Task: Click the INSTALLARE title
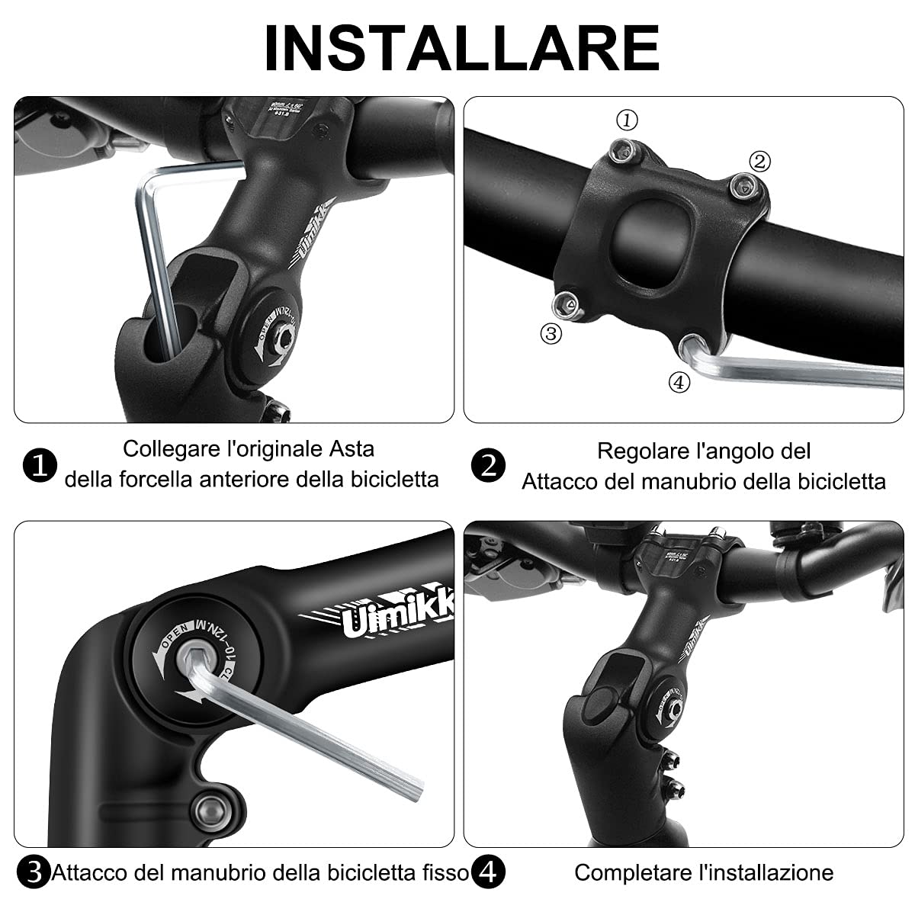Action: coord(461,47)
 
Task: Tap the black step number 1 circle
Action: coord(40,465)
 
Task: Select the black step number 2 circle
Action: coord(488,465)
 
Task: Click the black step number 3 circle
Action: coord(33,872)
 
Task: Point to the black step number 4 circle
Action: coord(488,872)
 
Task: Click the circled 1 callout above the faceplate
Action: coord(627,120)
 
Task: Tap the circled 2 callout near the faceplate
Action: coord(759,161)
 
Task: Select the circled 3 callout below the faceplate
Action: coord(551,333)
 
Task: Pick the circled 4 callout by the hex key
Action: coord(679,382)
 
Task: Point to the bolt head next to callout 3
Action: coord(567,303)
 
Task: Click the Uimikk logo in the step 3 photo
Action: coord(396,614)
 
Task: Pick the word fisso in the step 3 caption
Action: coord(443,872)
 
